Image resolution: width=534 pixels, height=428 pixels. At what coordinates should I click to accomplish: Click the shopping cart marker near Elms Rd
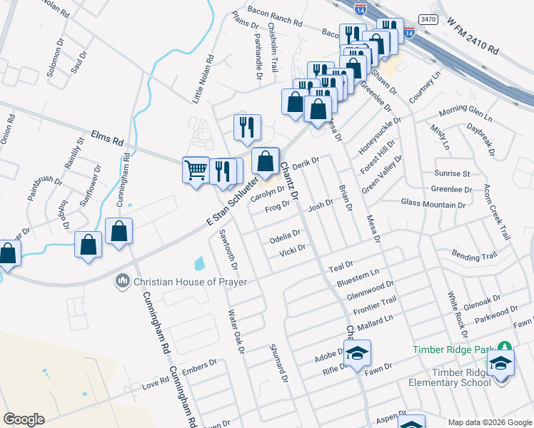(x=196, y=170)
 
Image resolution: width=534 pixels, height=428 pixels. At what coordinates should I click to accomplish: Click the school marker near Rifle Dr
(x=358, y=352)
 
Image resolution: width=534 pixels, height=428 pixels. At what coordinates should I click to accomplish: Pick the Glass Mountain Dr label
(x=433, y=203)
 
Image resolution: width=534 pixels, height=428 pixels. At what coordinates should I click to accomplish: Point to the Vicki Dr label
(x=292, y=250)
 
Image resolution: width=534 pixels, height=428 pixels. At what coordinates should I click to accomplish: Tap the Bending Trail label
(x=474, y=255)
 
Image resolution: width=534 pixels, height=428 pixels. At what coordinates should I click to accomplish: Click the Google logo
(x=24, y=419)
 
